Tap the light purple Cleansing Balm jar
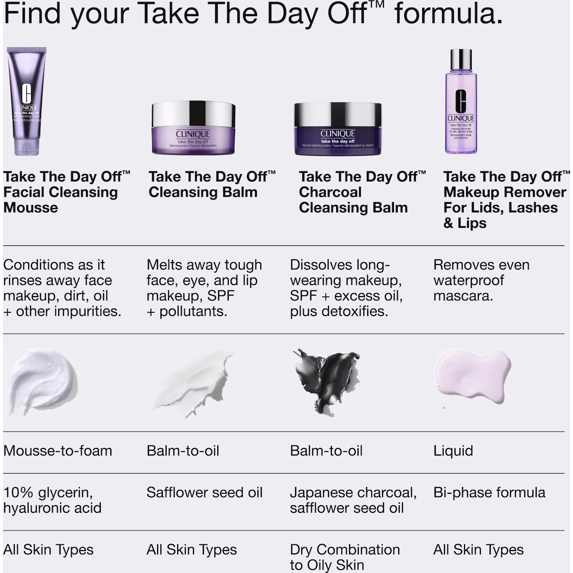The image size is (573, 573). (193, 128)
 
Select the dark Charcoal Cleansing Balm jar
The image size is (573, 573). (338, 129)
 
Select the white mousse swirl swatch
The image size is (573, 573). (43, 380)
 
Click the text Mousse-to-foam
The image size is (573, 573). (58, 451)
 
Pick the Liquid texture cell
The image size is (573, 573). (453, 451)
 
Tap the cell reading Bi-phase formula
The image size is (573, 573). (489, 492)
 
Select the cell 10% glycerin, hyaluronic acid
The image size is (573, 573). (53, 500)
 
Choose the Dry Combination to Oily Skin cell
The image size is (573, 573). (345, 557)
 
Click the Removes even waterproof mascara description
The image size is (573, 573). (481, 280)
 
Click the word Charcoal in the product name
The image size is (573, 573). (330, 192)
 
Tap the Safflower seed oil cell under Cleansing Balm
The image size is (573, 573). (204, 492)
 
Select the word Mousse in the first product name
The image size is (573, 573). (31, 208)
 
